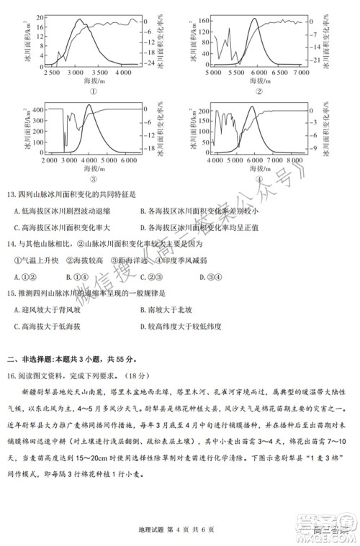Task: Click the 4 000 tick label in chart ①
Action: [124, 73]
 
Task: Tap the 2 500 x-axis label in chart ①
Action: [52, 73]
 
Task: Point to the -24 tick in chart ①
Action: [152, 64]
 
